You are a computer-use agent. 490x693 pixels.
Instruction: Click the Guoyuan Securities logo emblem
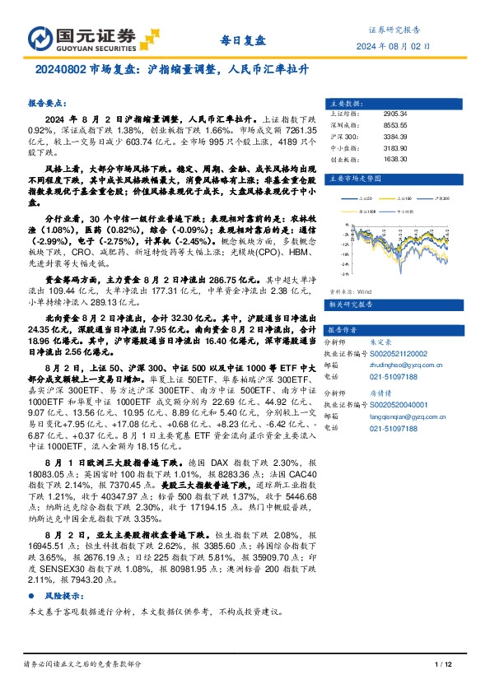[42, 38]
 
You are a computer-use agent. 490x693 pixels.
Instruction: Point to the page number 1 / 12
[442, 664]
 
